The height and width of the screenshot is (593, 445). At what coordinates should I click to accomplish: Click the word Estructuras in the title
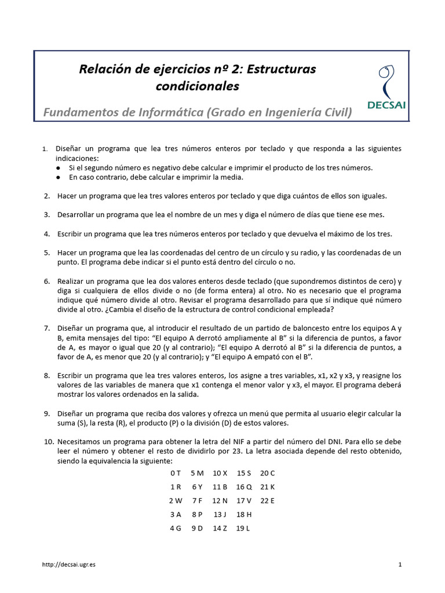point(281,69)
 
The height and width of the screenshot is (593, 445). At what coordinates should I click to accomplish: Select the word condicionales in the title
point(198,86)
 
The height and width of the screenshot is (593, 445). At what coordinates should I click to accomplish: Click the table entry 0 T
point(176,473)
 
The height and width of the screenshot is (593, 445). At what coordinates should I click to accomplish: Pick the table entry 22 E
point(268,500)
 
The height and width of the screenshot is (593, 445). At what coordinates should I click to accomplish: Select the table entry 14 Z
point(220,528)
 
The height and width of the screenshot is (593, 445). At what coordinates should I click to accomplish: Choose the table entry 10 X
point(220,473)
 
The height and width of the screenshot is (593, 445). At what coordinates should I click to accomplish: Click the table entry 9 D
point(196,528)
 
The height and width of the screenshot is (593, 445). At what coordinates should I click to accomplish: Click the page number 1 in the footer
point(400,564)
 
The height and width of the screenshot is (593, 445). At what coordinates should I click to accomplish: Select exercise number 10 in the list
point(49,442)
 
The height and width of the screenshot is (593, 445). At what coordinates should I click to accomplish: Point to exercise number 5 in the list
point(46,253)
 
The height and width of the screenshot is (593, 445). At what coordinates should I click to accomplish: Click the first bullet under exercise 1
point(59,168)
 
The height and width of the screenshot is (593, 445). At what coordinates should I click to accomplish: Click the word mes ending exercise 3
point(376,215)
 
